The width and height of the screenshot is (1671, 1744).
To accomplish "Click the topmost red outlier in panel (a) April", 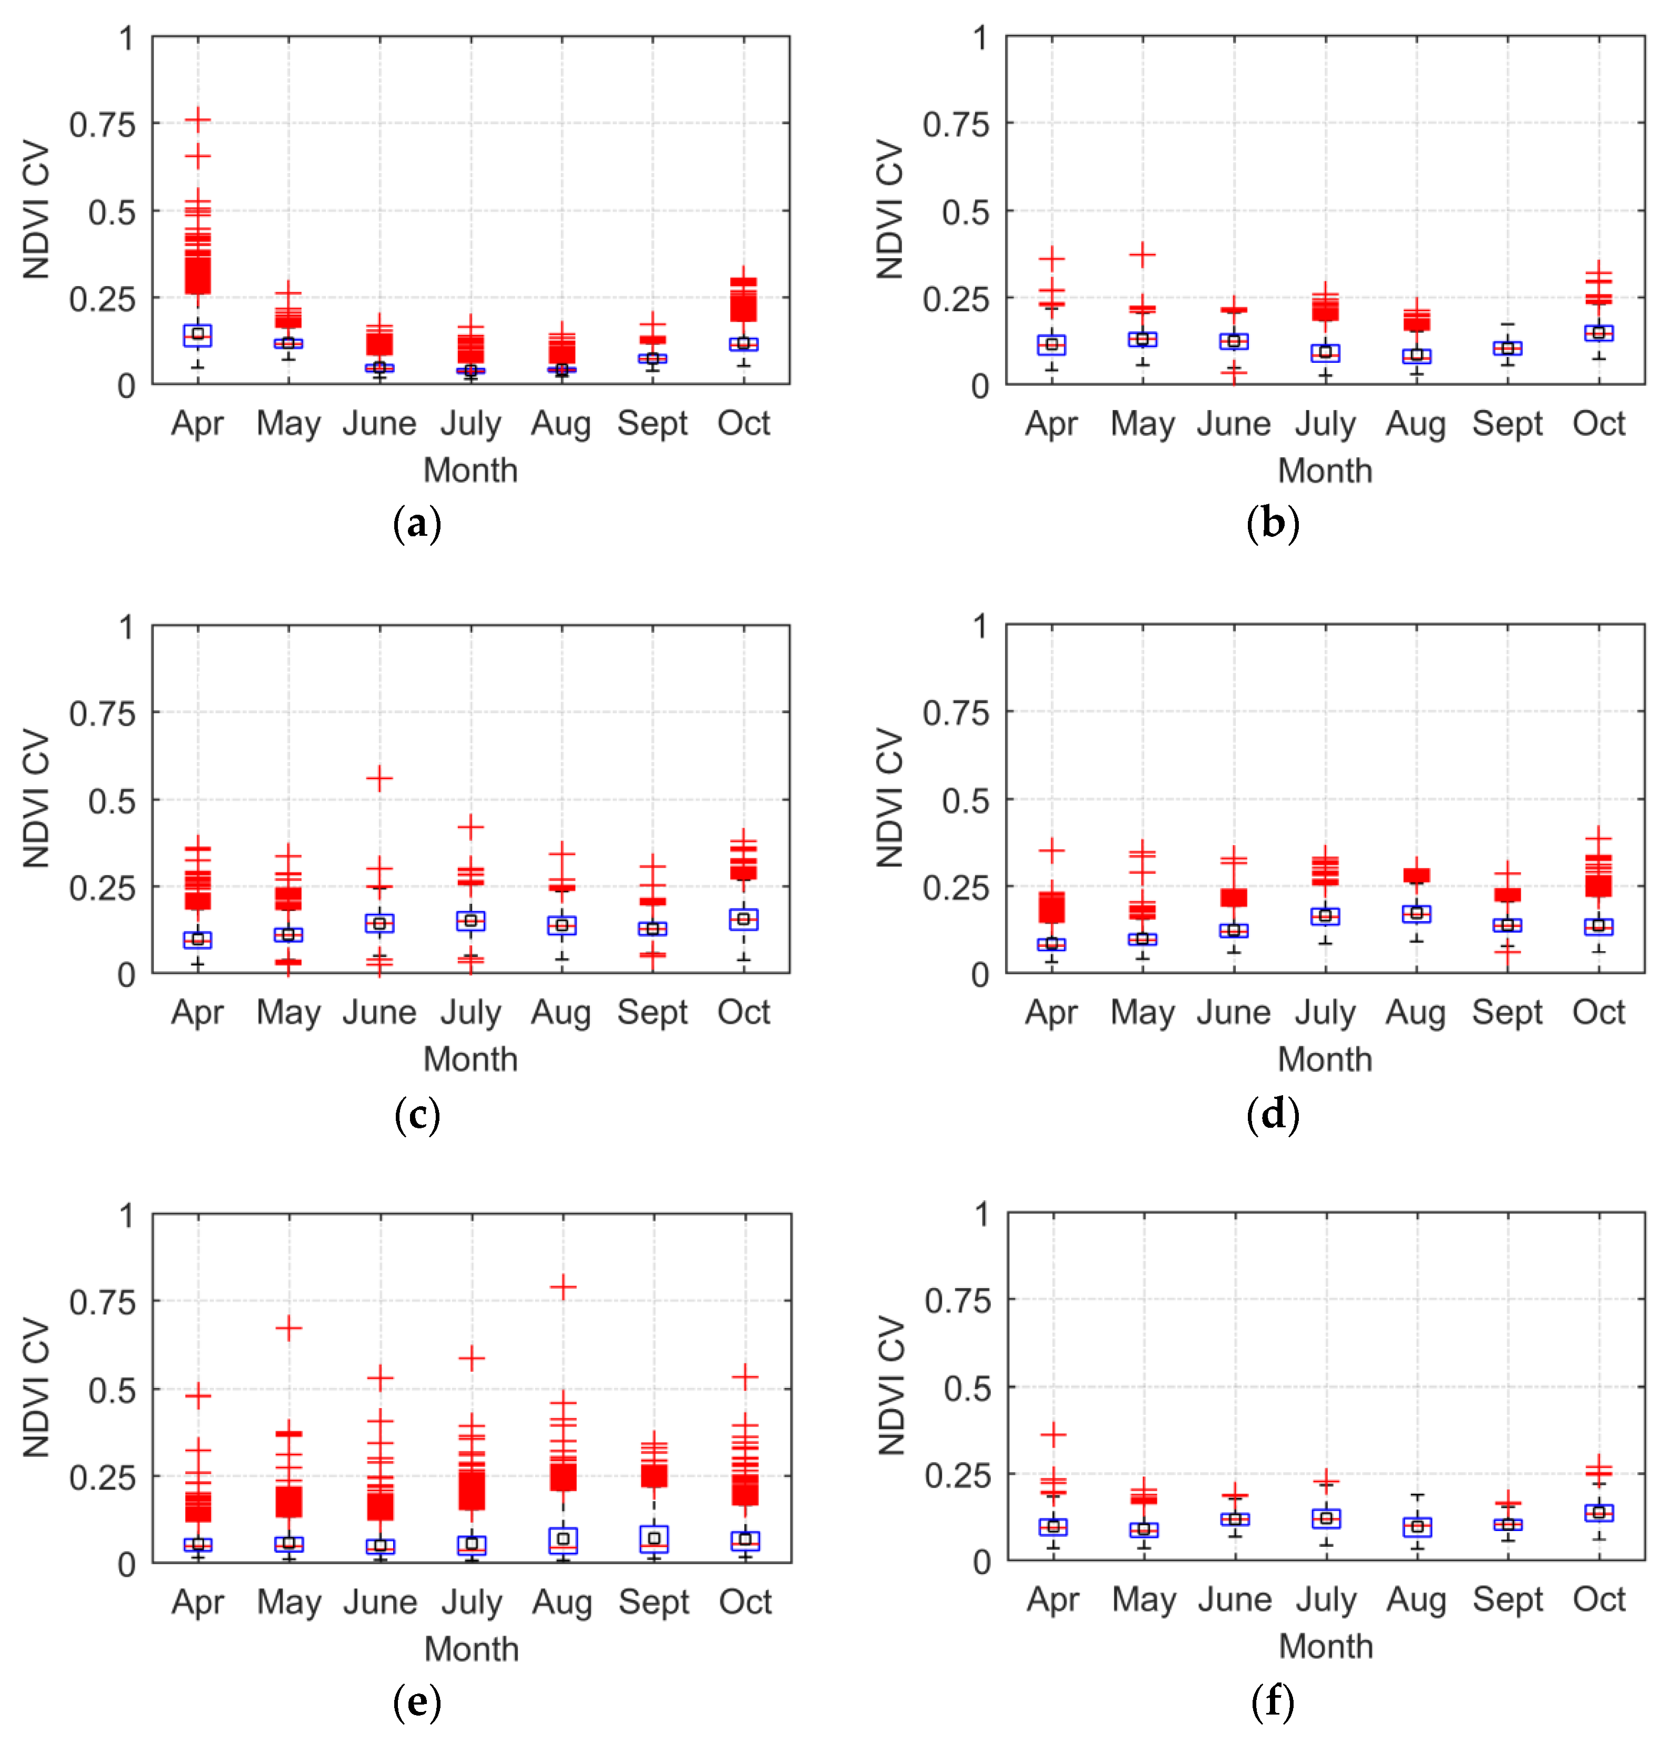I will click(x=198, y=118).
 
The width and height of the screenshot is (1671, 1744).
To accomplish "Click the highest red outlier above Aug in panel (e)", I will click(x=562, y=1287).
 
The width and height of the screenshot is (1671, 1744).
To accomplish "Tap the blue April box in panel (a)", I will click(x=198, y=334).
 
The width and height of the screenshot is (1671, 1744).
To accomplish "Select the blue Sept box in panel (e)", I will click(x=654, y=1538).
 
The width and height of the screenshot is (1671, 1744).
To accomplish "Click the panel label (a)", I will click(x=416, y=523).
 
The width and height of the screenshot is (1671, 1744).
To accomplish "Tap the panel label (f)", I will click(x=1273, y=1701).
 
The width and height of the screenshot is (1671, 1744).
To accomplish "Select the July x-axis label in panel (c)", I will click(x=470, y=1013).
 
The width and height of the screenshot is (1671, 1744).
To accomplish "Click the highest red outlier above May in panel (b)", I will click(x=1143, y=254).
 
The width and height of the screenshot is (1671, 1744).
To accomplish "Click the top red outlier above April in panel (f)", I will click(x=1053, y=1434).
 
